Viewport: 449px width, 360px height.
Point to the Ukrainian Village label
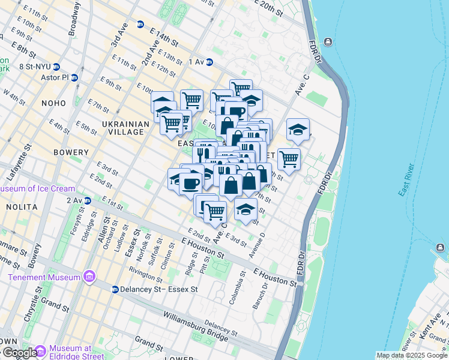[125, 128]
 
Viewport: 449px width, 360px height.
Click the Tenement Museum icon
[89, 277]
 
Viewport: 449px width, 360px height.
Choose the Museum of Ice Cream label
[37, 189]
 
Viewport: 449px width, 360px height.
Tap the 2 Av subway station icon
[88, 200]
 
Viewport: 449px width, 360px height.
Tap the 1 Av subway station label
[197, 62]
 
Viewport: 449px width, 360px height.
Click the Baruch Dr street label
[260, 293]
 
